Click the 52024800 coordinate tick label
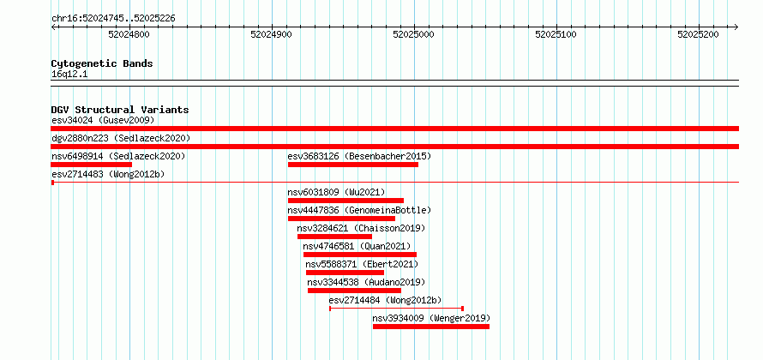tap(129, 34)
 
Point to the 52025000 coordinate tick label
tap(413, 34)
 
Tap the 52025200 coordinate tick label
tap(699, 34)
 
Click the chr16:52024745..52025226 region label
tap(113, 19)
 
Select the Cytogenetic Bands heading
tap(102, 63)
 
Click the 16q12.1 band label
tap(69, 75)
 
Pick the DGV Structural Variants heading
tap(120, 110)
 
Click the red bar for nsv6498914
tap(92, 165)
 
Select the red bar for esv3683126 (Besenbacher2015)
tap(353, 165)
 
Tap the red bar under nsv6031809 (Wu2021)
tap(345, 201)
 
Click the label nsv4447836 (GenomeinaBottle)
tap(359, 210)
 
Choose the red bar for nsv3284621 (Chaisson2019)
tap(335, 237)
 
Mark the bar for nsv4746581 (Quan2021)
tap(360, 255)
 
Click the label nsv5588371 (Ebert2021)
tap(362, 264)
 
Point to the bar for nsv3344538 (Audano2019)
tap(354, 291)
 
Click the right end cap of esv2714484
tap(462, 309)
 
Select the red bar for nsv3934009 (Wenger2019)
tap(431, 327)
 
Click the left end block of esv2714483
tap(52, 183)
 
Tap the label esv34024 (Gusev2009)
tap(103, 120)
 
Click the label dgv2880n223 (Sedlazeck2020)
tap(121, 138)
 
